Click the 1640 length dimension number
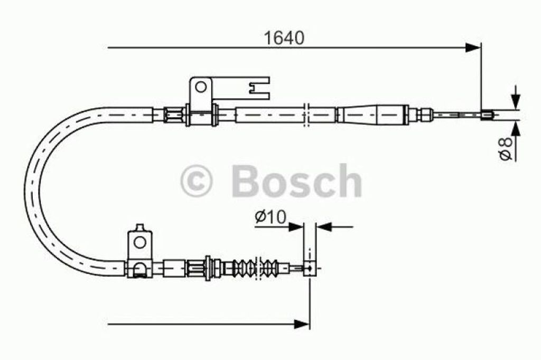284,39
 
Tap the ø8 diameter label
506,149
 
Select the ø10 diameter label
271,217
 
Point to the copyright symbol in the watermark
196,181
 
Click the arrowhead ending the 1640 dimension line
473,48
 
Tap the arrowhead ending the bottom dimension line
302,324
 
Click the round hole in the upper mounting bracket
200,87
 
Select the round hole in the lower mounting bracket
139,242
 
